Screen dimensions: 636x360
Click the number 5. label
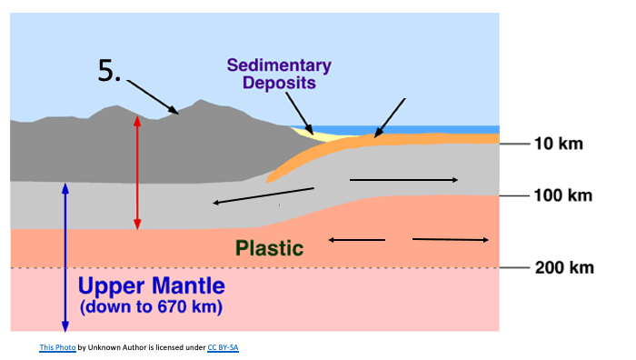pos(110,71)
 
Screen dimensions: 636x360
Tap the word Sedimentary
pos(279,65)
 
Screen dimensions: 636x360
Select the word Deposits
pos(279,83)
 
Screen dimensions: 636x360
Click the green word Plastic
pos(269,248)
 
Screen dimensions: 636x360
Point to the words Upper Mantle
pos(152,285)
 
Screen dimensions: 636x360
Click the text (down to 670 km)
pos(151,307)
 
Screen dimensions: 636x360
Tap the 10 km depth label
pos(559,144)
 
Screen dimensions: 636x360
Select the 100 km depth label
pos(563,195)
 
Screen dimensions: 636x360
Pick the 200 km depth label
pos(564,268)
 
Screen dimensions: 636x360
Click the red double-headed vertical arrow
pos(137,173)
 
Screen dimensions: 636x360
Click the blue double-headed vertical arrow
pos(65,257)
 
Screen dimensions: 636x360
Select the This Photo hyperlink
pos(57,347)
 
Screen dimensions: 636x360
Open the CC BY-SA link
pos(224,347)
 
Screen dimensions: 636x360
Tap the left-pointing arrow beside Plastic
pos(356,240)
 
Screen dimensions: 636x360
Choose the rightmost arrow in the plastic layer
pos(451,240)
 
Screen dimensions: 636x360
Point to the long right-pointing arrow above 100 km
pos(403,180)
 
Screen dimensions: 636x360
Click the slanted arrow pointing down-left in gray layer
pos(263,195)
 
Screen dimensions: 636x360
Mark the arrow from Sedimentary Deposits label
pos(299,114)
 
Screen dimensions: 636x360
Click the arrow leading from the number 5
pos(152,97)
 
